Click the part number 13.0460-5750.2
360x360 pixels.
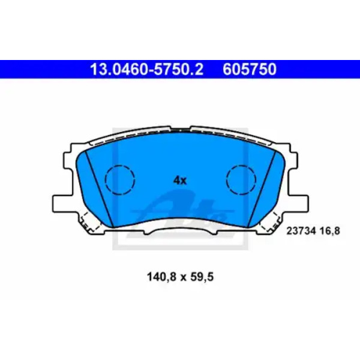(x=147, y=70)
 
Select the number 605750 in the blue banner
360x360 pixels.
(x=250, y=70)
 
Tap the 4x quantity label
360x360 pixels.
(x=180, y=181)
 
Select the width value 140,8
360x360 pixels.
(x=161, y=277)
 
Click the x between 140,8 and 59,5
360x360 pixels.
(x=183, y=278)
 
